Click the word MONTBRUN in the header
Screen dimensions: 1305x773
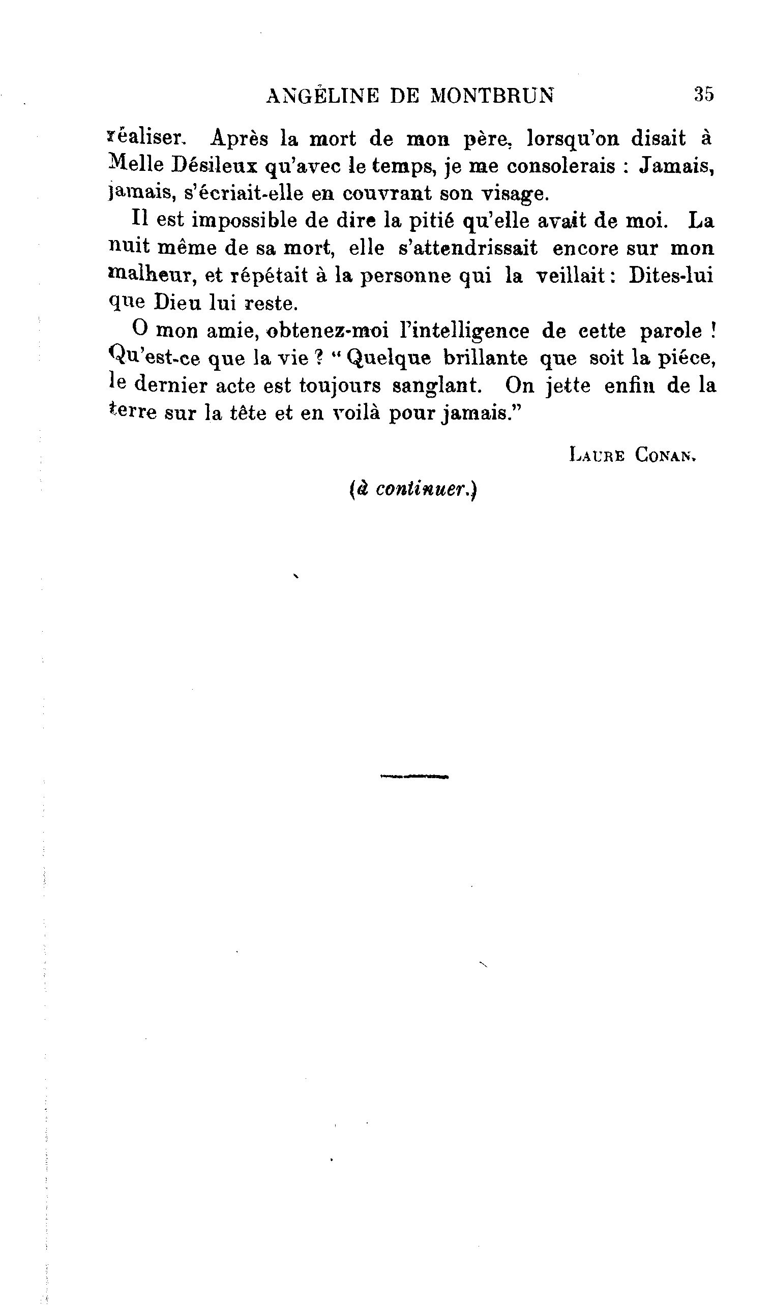492,96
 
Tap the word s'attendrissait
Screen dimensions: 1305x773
468,248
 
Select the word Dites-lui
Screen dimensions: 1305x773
670,275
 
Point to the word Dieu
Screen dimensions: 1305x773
178,303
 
